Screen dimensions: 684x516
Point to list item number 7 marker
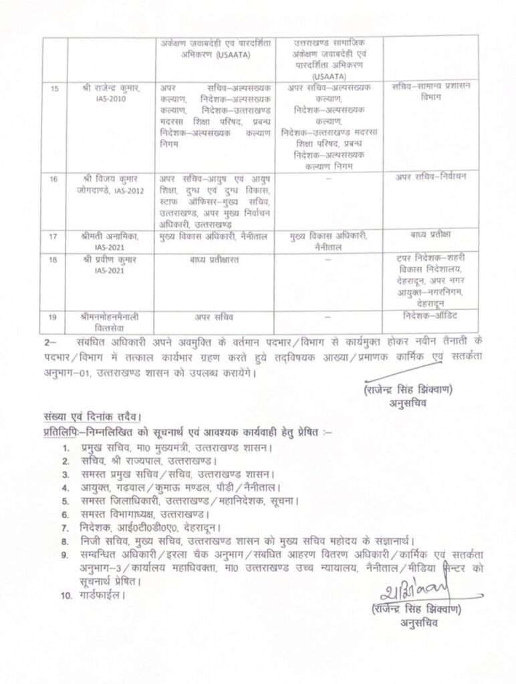[66, 528]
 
